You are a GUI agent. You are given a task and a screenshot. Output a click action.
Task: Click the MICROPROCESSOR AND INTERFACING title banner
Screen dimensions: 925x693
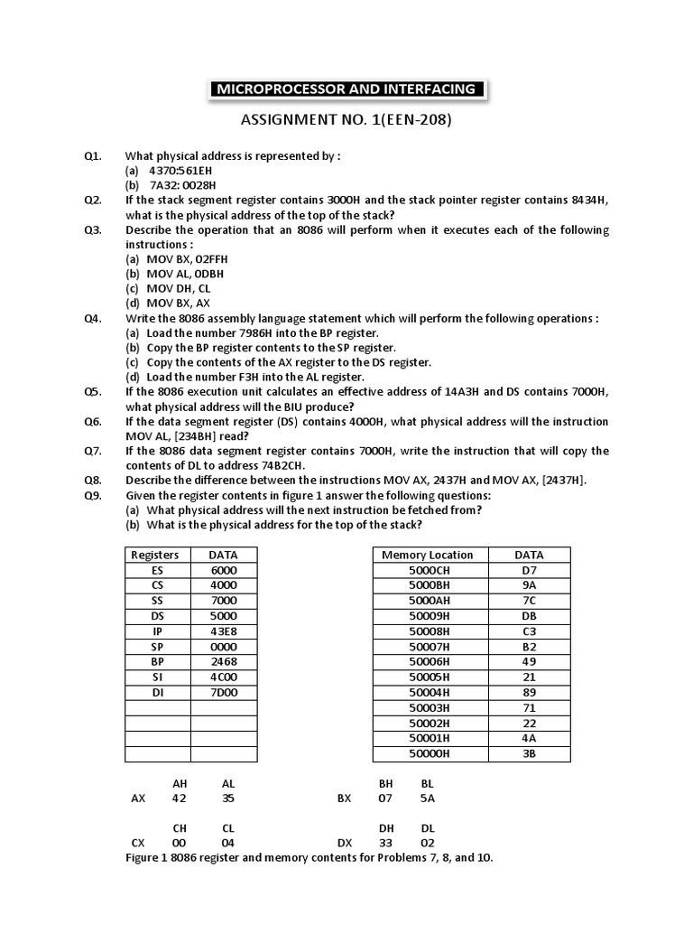(346, 89)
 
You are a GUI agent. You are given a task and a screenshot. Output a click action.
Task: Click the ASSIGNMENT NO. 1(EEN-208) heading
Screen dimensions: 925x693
(346, 120)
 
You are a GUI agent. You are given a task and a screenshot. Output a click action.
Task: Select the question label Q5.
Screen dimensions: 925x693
(93, 391)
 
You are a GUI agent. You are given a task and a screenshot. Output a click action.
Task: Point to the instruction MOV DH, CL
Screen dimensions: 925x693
(177, 288)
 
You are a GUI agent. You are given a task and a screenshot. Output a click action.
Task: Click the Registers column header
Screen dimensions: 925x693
(155, 555)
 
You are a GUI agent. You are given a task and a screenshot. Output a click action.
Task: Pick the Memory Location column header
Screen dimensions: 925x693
(427, 555)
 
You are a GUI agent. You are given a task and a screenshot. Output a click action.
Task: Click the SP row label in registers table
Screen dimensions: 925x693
(157, 647)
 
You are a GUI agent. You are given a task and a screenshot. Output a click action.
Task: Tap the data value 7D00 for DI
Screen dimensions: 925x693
(223, 693)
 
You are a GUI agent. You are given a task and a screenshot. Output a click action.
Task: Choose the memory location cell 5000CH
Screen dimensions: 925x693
(429, 571)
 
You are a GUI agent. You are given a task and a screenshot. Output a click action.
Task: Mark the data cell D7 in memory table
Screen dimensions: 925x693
(529, 571)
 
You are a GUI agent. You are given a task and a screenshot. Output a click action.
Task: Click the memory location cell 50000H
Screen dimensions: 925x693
(429, 752)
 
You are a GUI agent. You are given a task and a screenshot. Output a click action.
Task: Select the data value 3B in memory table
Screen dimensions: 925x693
(529, 752)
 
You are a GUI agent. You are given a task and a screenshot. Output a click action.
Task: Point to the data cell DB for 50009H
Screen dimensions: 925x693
(529, 616)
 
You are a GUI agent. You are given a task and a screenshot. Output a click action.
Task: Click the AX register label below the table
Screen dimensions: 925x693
(138, 799)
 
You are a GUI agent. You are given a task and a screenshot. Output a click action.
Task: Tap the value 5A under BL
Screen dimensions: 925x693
(427, 799)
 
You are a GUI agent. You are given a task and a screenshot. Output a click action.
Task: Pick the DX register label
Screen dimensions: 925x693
(344, 842)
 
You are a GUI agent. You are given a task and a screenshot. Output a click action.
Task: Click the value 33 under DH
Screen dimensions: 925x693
(385, 842)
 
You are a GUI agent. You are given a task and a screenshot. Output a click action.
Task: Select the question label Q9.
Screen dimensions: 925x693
(93, 495)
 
